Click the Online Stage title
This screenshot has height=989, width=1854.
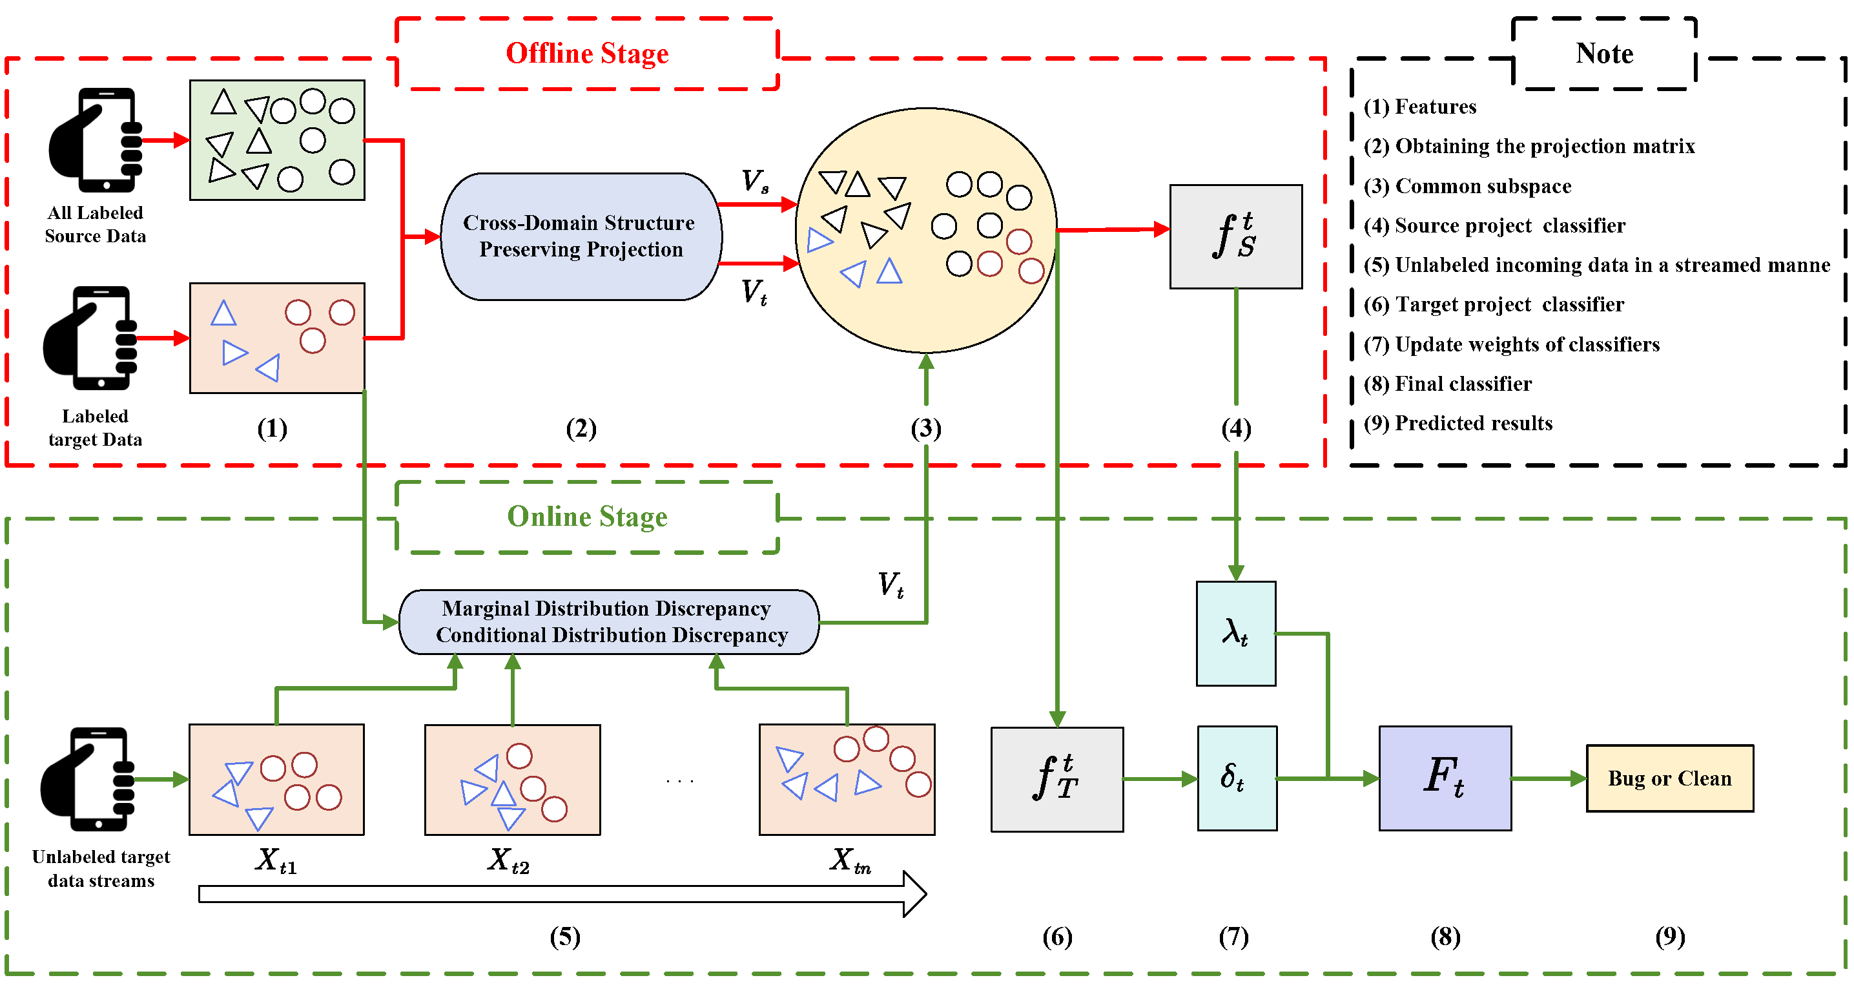click(586, 517)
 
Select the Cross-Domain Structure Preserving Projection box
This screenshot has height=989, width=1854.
click(580, 236)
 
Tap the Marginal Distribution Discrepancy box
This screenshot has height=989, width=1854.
click(609, 622)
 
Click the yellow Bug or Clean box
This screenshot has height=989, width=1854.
click(1669, 779)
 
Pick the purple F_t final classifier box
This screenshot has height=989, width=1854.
click(1445, 778)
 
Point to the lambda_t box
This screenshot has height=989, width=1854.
click(1235, 634)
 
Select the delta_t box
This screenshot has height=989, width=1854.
click(1237, 778)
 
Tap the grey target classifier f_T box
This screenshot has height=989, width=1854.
click(1056, 780)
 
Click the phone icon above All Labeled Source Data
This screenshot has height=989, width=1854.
click(96, 140)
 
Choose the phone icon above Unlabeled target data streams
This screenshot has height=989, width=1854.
click(88, 779)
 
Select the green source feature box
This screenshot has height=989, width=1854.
click(277, 140)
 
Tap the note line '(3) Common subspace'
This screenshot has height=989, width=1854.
click(1467, 187)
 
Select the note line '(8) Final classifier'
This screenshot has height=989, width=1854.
click(1447, 384)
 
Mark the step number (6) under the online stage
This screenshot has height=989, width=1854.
click(1056, 937)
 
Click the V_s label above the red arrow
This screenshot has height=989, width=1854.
click(754, 181)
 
